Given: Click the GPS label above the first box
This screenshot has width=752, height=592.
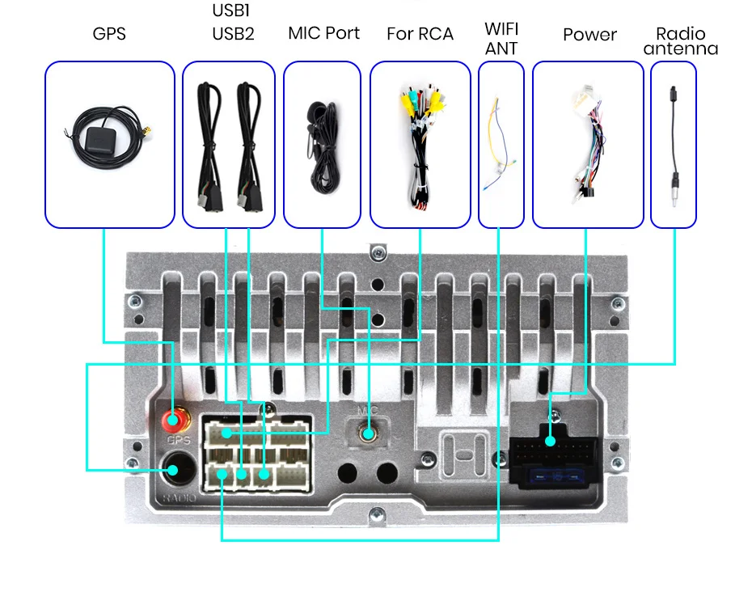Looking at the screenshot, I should [x=109, y=34].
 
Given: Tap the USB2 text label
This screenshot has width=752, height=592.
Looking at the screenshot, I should [x=233, y=34].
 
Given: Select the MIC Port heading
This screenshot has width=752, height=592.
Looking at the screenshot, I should [x=323, y=33].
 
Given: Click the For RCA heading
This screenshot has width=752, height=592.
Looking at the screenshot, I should [x=420, y=34].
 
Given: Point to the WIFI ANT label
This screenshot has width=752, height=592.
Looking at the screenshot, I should [x=501, y=39].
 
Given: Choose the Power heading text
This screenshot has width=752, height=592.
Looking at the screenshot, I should [x=589, y=35].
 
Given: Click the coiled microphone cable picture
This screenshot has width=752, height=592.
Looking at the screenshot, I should [x=322, y=137].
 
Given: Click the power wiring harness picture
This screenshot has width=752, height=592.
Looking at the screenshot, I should [x=588, y=142].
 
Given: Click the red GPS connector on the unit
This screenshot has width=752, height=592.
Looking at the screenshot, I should [x=173, y=420].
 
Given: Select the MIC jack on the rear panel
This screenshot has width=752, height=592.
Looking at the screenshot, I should [x=368, y=433].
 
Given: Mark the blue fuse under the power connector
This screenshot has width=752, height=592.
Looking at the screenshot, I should [x=557, y=478].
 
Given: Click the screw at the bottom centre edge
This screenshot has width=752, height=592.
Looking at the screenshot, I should [x=376, y=514].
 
